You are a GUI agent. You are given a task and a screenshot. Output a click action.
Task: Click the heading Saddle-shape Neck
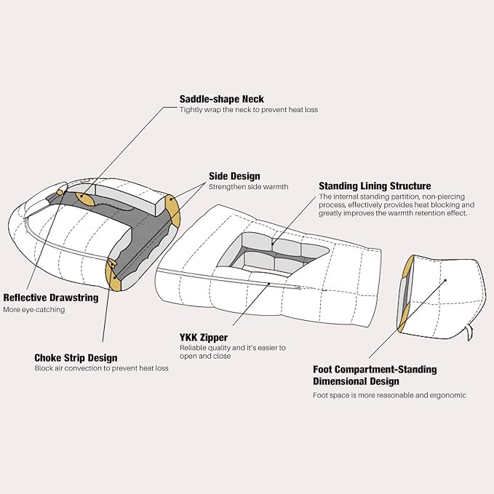(221, 99)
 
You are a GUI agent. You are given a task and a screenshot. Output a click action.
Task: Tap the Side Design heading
(234, 176)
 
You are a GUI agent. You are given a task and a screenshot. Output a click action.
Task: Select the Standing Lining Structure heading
(375, 186)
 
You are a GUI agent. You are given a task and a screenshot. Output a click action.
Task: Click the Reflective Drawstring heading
(51, 298)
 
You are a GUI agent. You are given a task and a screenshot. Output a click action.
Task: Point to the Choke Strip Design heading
(76, 358)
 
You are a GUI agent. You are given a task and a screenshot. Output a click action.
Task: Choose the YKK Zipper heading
(204, 338)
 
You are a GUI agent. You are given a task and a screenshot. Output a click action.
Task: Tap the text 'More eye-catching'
(34, 310)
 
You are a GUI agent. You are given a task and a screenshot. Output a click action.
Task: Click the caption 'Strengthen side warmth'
(249, 187)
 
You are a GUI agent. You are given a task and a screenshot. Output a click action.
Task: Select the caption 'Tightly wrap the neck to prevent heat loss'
(249, 110)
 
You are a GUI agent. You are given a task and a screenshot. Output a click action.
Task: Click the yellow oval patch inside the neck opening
(84, 199)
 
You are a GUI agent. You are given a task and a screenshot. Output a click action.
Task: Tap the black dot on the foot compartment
(445, 280)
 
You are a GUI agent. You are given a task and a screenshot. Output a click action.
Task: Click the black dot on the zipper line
(269, 284)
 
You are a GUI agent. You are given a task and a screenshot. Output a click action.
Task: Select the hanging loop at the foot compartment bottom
(469, 333)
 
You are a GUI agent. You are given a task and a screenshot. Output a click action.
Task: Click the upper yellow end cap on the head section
(172, 211)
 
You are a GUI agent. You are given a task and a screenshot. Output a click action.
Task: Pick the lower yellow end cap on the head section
(113, 275)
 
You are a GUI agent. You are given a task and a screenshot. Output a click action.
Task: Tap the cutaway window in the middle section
(273, 254)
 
